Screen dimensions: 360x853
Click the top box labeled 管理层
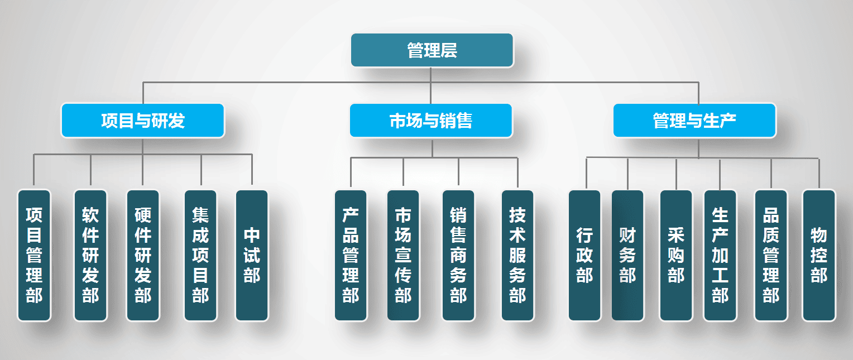pos(432,50)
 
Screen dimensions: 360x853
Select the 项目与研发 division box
pos(142,120)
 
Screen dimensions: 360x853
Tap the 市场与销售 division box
pos(430,120)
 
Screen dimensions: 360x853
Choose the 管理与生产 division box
pos(694,120)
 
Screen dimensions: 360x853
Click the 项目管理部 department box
pos(34,255)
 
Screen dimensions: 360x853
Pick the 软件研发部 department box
pos(90,255)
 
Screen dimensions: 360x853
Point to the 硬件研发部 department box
pos(143,255)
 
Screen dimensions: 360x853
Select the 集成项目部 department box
pos(200,255)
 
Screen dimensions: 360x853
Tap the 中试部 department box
pos(252,255)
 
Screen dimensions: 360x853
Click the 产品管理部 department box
pos(351,255)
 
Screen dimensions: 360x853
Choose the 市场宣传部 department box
pos(403,255)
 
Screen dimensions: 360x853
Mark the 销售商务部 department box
pos(458,255)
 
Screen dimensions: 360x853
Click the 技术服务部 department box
pos(517,255)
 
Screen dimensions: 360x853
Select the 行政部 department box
pos(584,255)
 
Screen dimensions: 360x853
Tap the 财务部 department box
pos(627,255)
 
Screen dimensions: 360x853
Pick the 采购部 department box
pos(676,255)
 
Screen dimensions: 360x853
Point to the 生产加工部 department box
pos(720,255)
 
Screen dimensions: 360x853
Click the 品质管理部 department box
pos(771,255)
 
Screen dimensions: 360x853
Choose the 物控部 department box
pos(819,255)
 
